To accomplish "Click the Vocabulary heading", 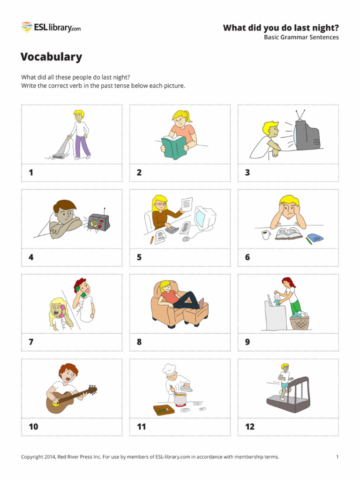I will tap(51, 57).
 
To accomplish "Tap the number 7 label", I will tap(31, 342).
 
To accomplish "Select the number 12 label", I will tap(250, 427).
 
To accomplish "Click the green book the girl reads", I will tap(173, 146).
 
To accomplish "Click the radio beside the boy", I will tap(98, 222).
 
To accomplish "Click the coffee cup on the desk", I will tap(266, 234).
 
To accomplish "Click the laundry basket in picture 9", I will tap(300, 322).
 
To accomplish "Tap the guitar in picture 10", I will tap(66, 399).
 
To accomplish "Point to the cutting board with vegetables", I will tap(164, 409).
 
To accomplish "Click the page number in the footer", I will tap(337, 457).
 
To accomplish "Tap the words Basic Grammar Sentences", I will tap(301, 37).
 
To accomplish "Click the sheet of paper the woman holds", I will tap(187, 204).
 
